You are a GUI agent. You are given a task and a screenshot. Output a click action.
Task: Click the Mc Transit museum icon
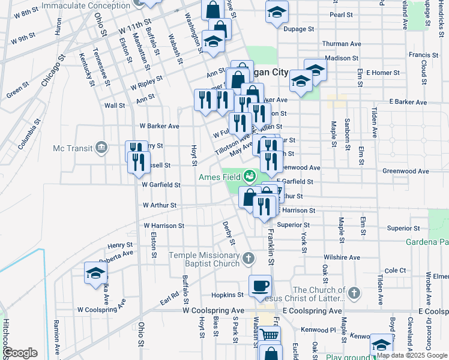tap(101, 147)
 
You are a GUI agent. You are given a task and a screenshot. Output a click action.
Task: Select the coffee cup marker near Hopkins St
tap(260, 286)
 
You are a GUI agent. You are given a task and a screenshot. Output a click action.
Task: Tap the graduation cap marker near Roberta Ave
tap(95, 273)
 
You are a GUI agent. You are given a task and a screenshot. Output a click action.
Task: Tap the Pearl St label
tap(341, 14)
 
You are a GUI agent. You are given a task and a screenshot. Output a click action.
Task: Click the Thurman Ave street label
tap(341, 44)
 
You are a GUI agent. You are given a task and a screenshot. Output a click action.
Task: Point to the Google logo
tap(20, 353)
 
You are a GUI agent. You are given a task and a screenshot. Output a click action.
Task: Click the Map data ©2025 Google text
tap(411, 355)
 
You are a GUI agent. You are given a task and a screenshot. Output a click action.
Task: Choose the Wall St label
tap(115, 105)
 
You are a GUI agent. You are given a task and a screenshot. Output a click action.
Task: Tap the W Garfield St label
tap(161, 185)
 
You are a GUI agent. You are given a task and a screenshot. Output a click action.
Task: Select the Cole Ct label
tap(396, 271)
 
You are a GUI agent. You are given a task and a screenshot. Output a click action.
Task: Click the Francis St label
tap(420, 55)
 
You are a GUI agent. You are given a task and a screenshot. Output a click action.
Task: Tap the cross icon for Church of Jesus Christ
tap(354, 293)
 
